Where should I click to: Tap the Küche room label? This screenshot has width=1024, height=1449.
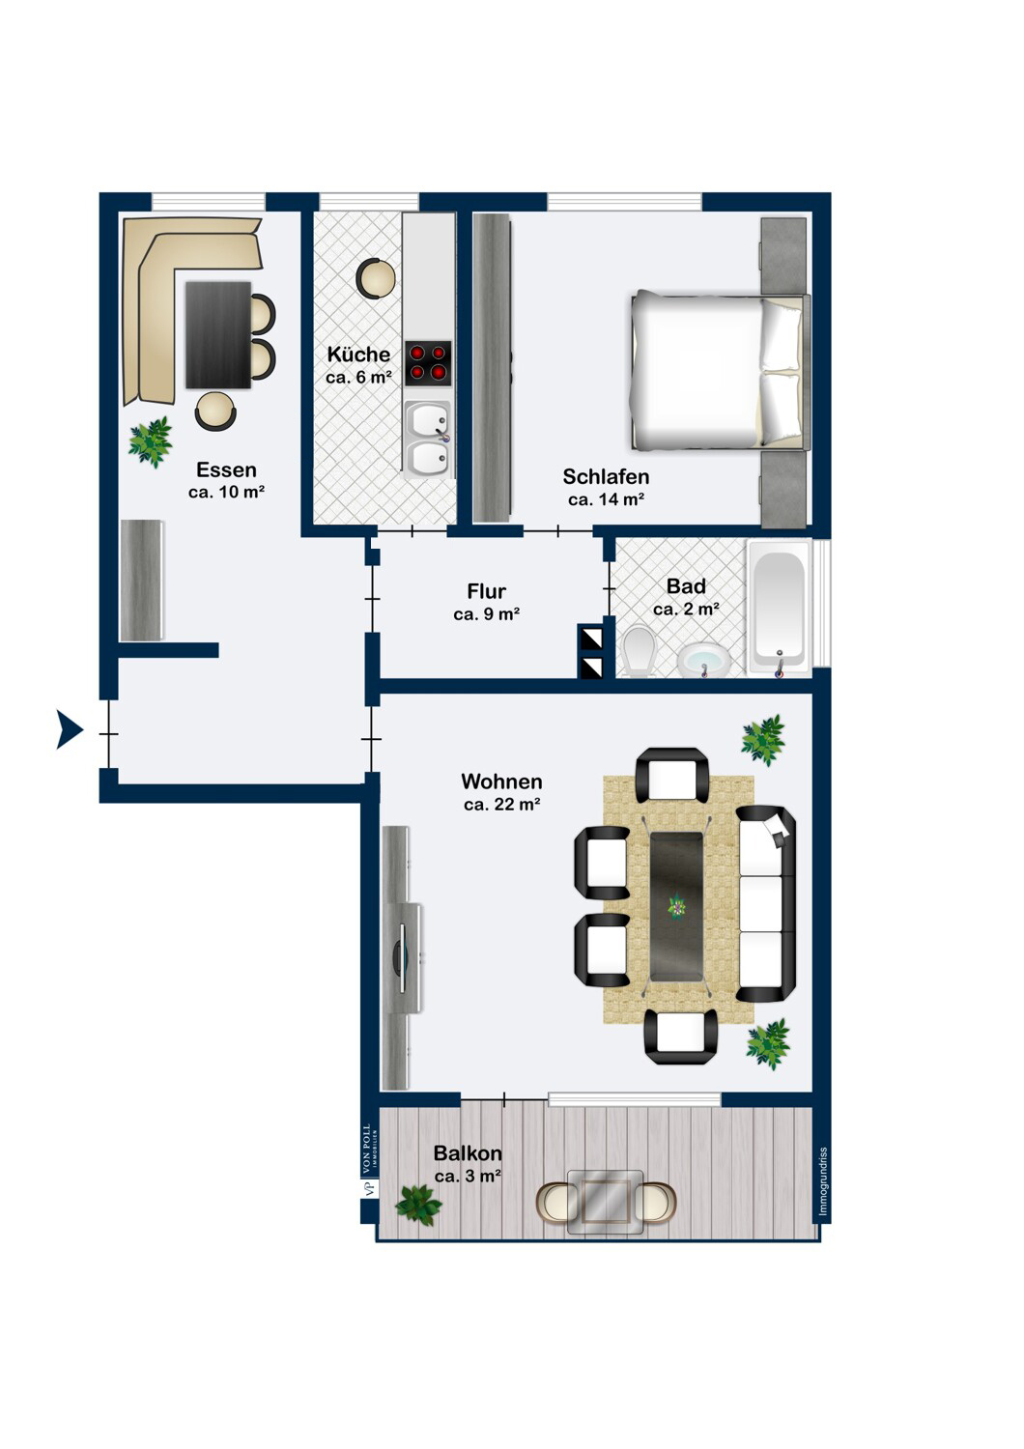click(x=358, y=354)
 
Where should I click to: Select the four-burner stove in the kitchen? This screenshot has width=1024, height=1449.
click(x=428, y=363)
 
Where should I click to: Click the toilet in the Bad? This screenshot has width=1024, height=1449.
click(x=640, y=651)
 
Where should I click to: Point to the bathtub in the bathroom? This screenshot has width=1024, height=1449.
click(x=779, y=609)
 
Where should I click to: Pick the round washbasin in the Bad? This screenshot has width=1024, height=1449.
click(x=703, y=660)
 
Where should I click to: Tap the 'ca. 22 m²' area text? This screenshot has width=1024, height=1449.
click(x=502, y=804)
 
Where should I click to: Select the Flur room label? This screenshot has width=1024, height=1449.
click(x=487, y=591)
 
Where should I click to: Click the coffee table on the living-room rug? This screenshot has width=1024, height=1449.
click(x=676, y=906)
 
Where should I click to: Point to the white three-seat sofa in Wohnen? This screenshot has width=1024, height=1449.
click(x=766, y=903)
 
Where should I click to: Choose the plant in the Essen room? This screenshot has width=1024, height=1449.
click(x=151, y=441)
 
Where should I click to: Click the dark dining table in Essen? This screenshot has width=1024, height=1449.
click(x=218, y=335)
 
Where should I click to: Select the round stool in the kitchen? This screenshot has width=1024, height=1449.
click(x=376, y=278)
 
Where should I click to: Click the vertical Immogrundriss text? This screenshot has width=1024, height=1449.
click(x=823, y=1181)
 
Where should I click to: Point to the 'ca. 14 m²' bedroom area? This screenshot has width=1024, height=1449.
click(x=606, y=499)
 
